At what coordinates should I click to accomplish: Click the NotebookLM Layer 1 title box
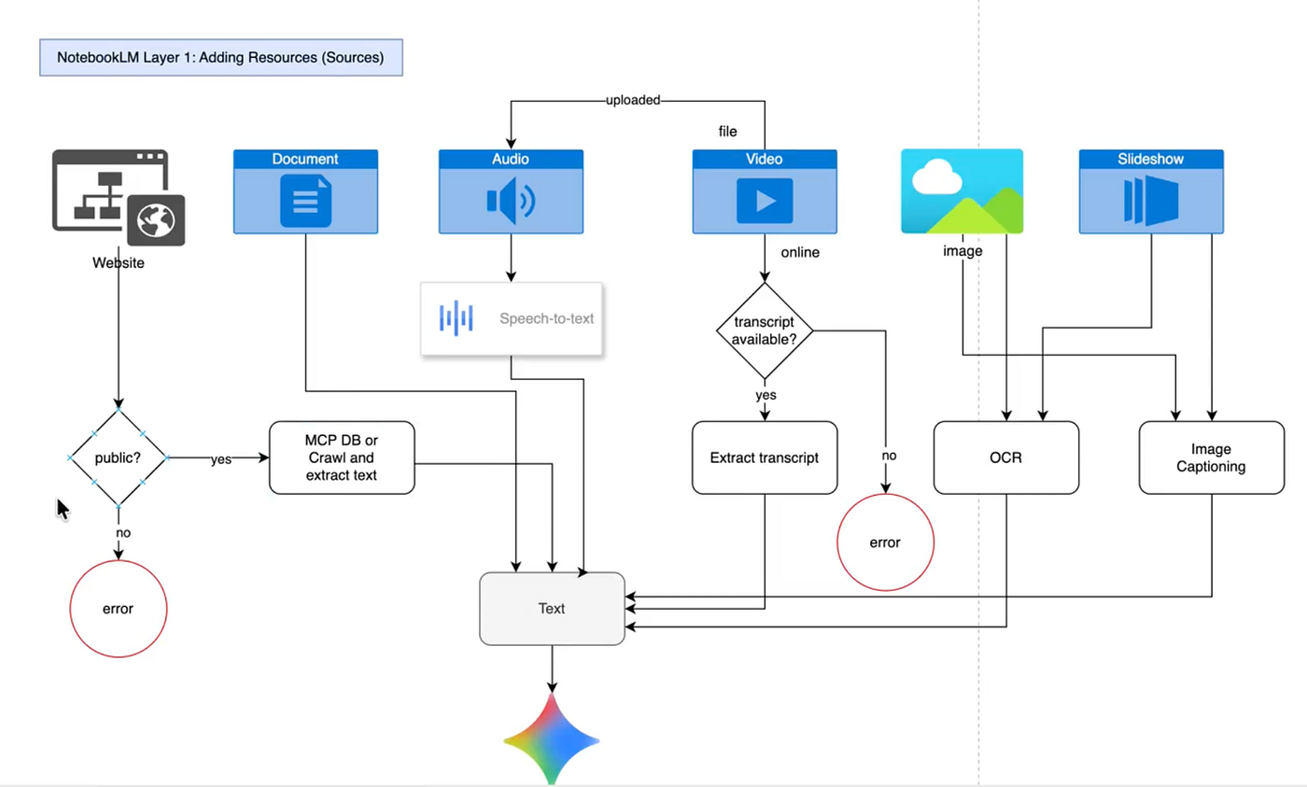tap(220, 57)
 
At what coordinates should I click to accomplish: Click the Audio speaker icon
tap(511, 201)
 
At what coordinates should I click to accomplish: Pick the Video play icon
tap(765, 201)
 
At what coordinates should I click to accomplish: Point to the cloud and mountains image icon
tap(962, 191)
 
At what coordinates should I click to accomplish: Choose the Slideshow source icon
tap(1151, 201)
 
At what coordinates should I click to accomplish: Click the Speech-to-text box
tap(511, 318)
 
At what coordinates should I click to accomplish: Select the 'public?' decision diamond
tap(119, 458)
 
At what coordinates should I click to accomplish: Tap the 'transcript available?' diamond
tap(765, 330)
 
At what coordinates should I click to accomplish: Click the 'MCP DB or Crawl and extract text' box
tap(342, 457)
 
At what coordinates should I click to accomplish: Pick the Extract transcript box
tap(765, 457)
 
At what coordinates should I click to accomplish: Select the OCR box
tap(1005, 457)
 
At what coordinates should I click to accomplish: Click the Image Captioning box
tap(1211, 457)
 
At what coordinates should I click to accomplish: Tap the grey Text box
tap(552, 609)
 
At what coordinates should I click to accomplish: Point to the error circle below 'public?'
tap(119, 609)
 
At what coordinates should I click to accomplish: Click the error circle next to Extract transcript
tap(885, 542)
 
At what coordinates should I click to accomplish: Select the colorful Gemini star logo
tap(552, 738)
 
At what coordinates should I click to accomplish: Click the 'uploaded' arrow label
tap(633, 100)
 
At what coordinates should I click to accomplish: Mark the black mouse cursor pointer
tap(63, 510)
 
